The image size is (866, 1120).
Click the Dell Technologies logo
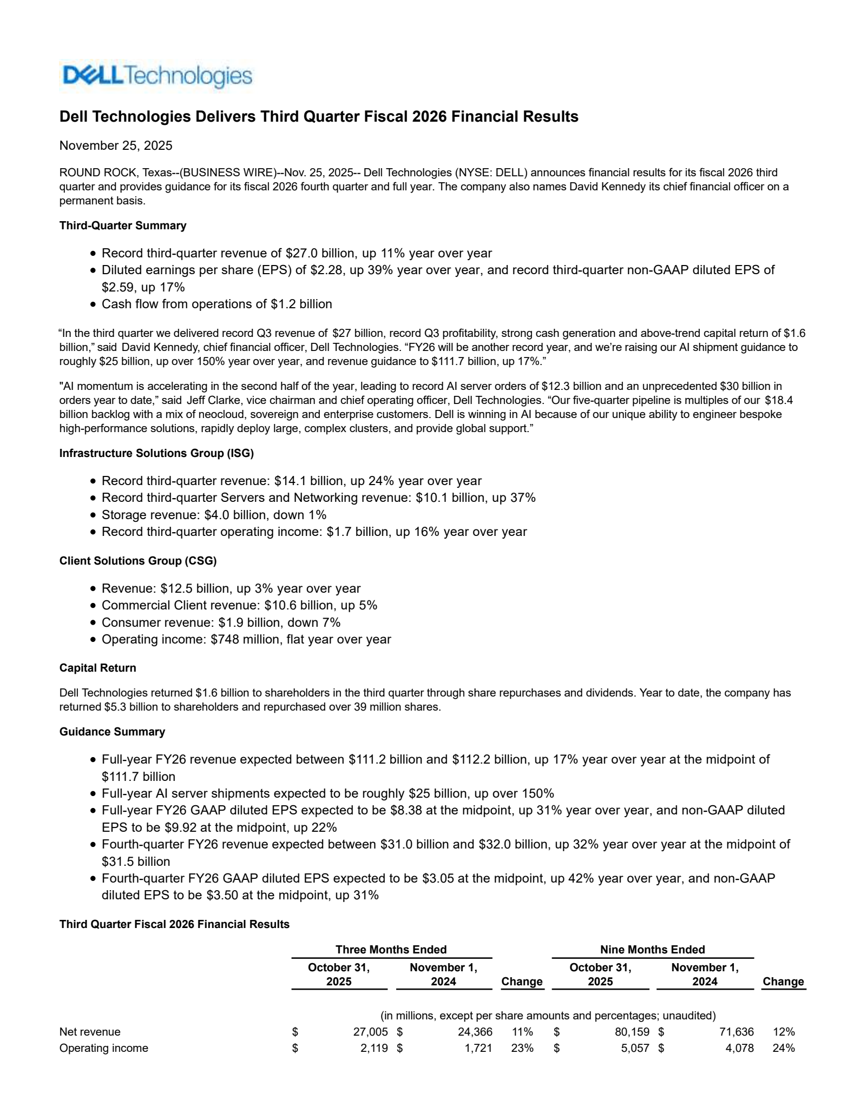(156, 76)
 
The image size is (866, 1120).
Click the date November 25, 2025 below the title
(116, 145)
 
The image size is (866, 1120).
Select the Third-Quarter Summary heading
(122, 226)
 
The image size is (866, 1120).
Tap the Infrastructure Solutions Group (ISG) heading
(156, 453)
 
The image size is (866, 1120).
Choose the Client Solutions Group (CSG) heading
(137, 561)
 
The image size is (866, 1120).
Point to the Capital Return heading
(97, 668)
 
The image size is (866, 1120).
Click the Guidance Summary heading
(112, 732)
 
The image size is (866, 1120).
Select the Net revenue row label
(90, 1032)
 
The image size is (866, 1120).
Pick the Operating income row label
(103, 1048)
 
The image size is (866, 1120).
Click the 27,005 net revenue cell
(370, 1032)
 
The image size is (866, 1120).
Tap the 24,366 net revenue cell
(475, 1032)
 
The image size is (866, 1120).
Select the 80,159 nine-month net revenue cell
(632, 1032)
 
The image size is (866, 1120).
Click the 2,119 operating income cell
(374, 1048)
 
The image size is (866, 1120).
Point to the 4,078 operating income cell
(739, 1048)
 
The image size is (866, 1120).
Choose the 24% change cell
(784, 1048)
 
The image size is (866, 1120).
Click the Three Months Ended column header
(391, 950)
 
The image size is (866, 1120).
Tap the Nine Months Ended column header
(652, 950)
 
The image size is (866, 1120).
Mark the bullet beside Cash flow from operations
(93, 304)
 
